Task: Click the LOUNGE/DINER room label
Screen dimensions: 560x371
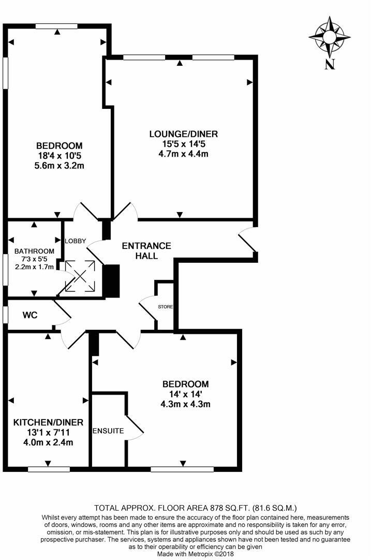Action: tap(180, 134)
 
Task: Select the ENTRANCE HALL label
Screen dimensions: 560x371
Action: tap(146, 250)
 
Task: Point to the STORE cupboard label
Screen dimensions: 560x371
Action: tap(166, 307)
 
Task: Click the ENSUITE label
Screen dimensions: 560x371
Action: tap(108, 431)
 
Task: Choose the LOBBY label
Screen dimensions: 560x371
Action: tap(75, 241)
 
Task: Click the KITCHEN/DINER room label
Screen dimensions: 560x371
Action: tap(48, 422)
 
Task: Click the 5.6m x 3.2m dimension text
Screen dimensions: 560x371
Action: tap(60, 166)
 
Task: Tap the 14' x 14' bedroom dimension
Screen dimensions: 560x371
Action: tap(186, 394)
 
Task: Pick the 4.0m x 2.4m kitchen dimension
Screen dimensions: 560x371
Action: tap(48, 442)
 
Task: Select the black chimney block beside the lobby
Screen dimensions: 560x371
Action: tap(111, 282)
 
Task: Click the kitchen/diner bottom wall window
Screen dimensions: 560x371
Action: tap(49, 470)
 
